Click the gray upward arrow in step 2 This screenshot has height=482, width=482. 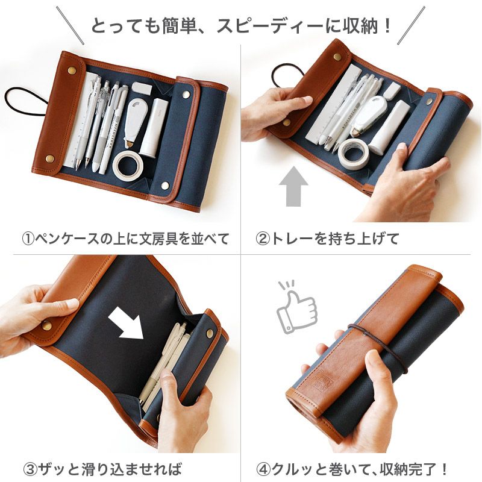pyautogui.click(x=294, y=187)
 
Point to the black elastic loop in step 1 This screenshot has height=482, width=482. pyautogui.click(x=24, y=102)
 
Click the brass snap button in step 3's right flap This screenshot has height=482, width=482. pyautogui.click(x=210, y=334)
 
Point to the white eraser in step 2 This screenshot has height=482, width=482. pyautogui.click(x=392, y=91)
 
